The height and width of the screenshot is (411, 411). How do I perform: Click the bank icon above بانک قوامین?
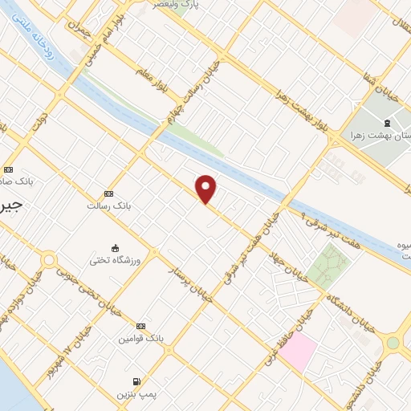pyautogui.click(x=141, y=326)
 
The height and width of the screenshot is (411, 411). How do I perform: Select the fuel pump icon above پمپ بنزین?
pyautogui.click(x=135, y=380)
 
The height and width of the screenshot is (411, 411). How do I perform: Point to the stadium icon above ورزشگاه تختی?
pyautogui.click(x=116, y=248)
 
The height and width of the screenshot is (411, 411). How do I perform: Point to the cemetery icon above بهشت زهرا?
pyautogui.click(x=387, y=123)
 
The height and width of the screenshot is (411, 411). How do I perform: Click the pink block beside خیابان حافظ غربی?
pyautogui.click(x=298, y=352)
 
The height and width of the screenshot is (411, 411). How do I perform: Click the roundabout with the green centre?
pyautogui.click(x=393, y=343)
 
